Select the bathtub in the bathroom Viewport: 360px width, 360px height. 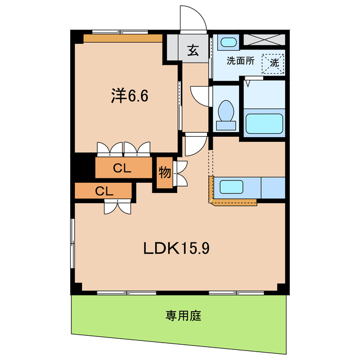[x=264, y=123]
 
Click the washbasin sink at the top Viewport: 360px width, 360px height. [x=228, y=42]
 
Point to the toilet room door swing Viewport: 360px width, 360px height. [x=200, y=94]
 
